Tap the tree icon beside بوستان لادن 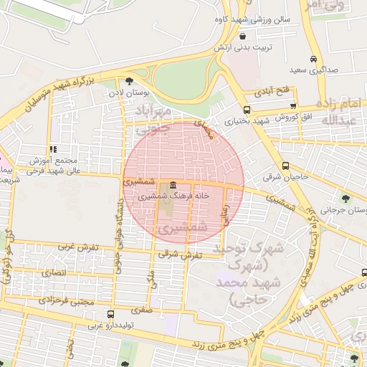point(128,82)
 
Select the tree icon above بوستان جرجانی point(346,197)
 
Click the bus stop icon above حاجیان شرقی point(286,164)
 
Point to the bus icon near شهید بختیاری point(247,110)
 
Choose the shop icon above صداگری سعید point(313,59)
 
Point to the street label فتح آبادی point(271,93)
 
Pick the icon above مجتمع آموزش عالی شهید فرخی point(53,149)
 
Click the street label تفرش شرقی point(180,254)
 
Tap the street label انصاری point(53,273)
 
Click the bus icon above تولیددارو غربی point(110,314)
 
